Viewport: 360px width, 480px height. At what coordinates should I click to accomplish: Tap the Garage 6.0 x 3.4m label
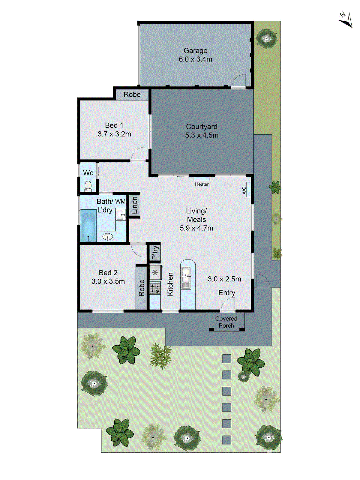(195, 55)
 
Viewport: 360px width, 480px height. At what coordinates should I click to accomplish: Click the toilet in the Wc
(88, 186)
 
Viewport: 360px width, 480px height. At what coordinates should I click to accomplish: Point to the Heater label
(202, 184)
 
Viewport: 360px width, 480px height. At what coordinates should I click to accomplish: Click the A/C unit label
(244, 190)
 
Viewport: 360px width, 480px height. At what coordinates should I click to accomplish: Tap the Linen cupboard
(134, 205)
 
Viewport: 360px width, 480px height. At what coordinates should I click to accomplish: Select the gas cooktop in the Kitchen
(155, 289)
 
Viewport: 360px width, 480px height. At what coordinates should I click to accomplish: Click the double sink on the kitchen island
(186, 278)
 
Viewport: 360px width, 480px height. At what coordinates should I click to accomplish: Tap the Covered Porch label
(226, 322)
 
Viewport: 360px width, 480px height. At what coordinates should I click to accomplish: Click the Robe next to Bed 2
(141, 287)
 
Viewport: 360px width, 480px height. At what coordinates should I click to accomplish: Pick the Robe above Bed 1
(132, 94)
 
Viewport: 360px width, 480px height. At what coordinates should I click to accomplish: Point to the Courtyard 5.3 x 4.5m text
(202, 131)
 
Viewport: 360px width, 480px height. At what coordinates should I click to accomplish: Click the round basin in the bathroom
(107, 237)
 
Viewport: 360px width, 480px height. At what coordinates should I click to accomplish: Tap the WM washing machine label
(120, 202)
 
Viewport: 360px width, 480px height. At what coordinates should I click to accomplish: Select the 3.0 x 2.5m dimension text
(224, 279)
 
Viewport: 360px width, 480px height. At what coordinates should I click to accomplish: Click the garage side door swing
(239, 81)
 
